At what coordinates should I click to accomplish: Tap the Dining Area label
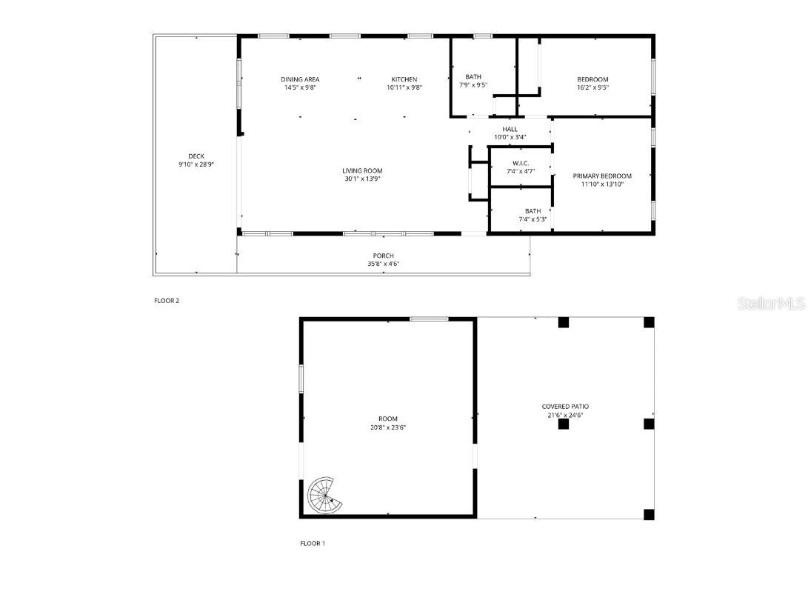pos(300,79)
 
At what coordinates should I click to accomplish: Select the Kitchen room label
pos(404,79)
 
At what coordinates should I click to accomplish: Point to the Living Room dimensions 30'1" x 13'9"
pos(363,179)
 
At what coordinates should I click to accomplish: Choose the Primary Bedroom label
pos(602,176)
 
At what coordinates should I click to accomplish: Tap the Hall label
pos(510,129)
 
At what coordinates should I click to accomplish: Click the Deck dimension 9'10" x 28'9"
pos(196,164)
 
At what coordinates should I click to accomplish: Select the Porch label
pos(383,256)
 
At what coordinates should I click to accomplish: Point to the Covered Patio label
pos(565,407)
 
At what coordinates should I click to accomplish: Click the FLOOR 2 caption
pos(167,301)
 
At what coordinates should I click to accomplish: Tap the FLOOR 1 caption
pos(312,543)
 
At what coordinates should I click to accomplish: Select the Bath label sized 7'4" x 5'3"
pos(532,211)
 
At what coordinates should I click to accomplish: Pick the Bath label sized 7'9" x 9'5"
pos(473,76)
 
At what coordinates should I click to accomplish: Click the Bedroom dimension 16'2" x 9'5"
pos(592,87)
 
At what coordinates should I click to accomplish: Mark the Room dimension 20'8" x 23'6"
pos(387,427)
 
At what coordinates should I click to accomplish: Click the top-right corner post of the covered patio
pos(649,322)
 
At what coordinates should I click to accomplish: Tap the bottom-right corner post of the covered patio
pos(649,514)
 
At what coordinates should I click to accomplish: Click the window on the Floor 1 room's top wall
pos(430,319)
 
